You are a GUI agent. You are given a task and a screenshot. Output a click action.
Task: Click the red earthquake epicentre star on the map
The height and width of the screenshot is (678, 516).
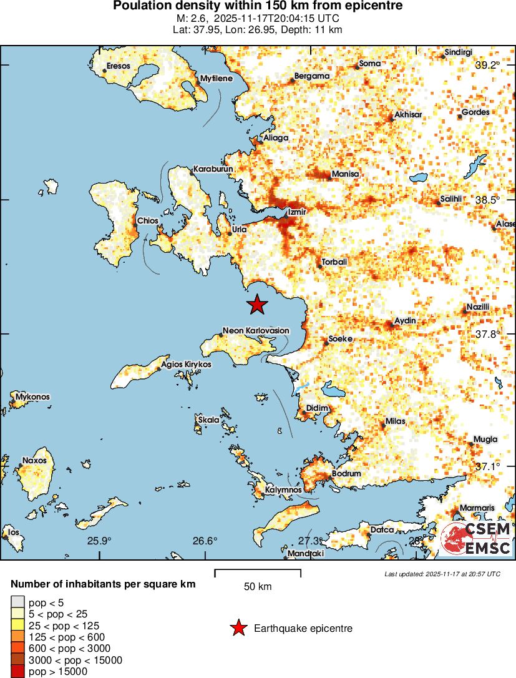pos(256,305)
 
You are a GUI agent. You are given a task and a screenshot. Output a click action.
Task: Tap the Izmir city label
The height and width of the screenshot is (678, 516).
pos(296,212)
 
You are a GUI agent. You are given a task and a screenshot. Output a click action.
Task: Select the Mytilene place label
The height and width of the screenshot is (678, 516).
pos(216,79)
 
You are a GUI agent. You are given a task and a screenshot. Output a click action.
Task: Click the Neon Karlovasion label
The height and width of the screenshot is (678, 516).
pos(256,331)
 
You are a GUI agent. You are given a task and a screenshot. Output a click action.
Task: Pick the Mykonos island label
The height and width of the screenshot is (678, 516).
pos(32,397)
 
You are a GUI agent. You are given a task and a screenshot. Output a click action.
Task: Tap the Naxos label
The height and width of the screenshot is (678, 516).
pos(34,461)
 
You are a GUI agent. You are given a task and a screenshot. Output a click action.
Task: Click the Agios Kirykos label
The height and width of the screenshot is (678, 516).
pos(186,364)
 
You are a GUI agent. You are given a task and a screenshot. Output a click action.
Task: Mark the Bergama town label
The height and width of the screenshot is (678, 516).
pos(311,76)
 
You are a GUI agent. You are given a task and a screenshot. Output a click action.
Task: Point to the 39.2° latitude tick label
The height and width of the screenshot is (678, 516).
pos(488,65)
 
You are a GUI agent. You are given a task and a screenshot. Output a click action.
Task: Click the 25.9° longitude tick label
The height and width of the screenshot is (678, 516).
pos(99,541)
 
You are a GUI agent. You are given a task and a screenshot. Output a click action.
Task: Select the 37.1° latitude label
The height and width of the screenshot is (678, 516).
pos(488,466)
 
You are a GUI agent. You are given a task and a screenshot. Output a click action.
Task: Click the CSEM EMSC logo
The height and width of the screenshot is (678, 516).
pos(477,539)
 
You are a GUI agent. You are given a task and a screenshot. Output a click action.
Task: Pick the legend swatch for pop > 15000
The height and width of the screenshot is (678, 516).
pos(17,672)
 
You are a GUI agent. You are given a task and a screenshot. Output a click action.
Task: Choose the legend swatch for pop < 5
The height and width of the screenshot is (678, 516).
pos(17,602)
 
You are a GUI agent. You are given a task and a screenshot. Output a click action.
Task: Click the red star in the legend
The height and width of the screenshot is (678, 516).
pos(238,629)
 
